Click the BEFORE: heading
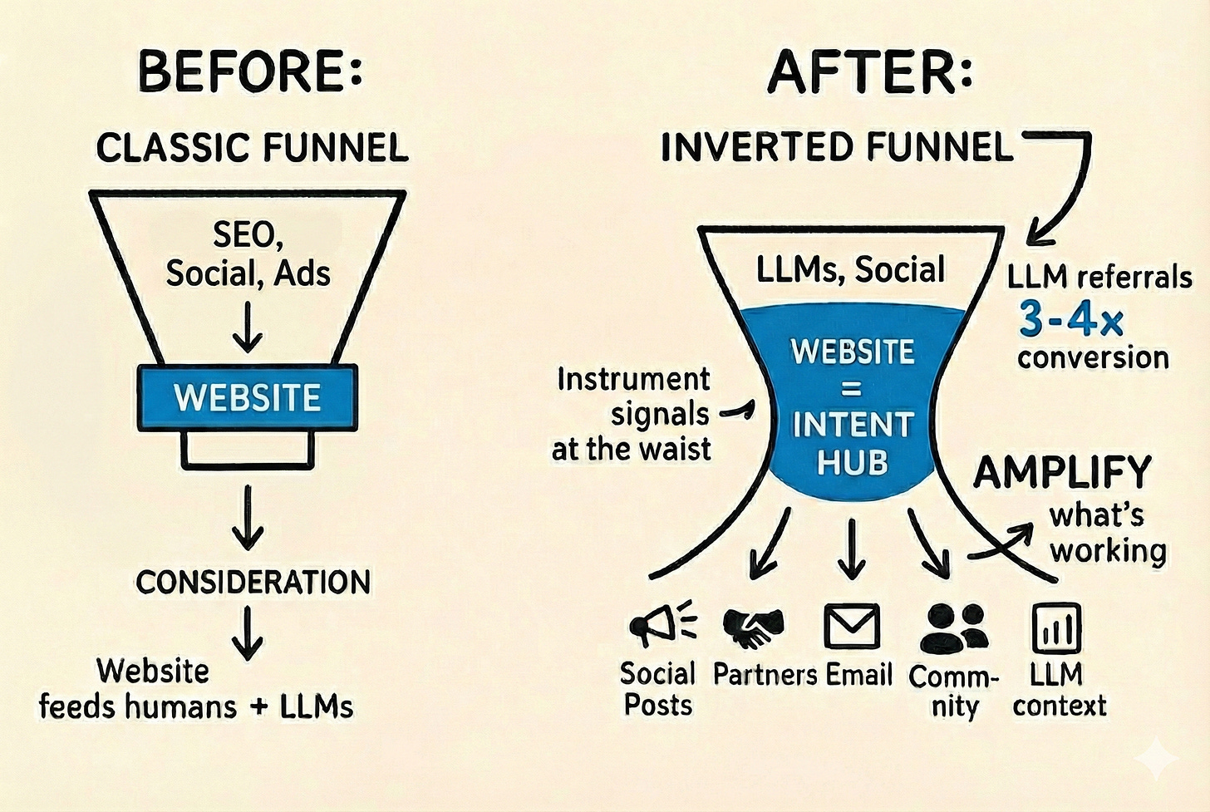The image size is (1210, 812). (x=250, y=71)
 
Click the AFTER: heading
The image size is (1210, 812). (x=870, y=71)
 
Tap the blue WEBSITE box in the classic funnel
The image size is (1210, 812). (x=247, y=398)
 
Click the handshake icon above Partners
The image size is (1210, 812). (x=753, y=627)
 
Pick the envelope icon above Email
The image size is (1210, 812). (x=852, y=627)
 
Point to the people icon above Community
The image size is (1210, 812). (x=954, y=628)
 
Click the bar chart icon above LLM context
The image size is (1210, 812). (x=1056, y=628)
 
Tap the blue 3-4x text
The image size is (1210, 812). (x=1071, y=319)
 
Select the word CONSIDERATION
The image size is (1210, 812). (x=253, y=583)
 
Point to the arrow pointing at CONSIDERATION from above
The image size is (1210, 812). (x=248, y=517)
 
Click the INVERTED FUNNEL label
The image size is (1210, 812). (x=837, y=148)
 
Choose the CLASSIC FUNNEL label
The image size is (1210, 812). (x=252, y=149)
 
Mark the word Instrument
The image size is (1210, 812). (x=633, y=380)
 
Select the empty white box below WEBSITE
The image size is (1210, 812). (x=247, y=450)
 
